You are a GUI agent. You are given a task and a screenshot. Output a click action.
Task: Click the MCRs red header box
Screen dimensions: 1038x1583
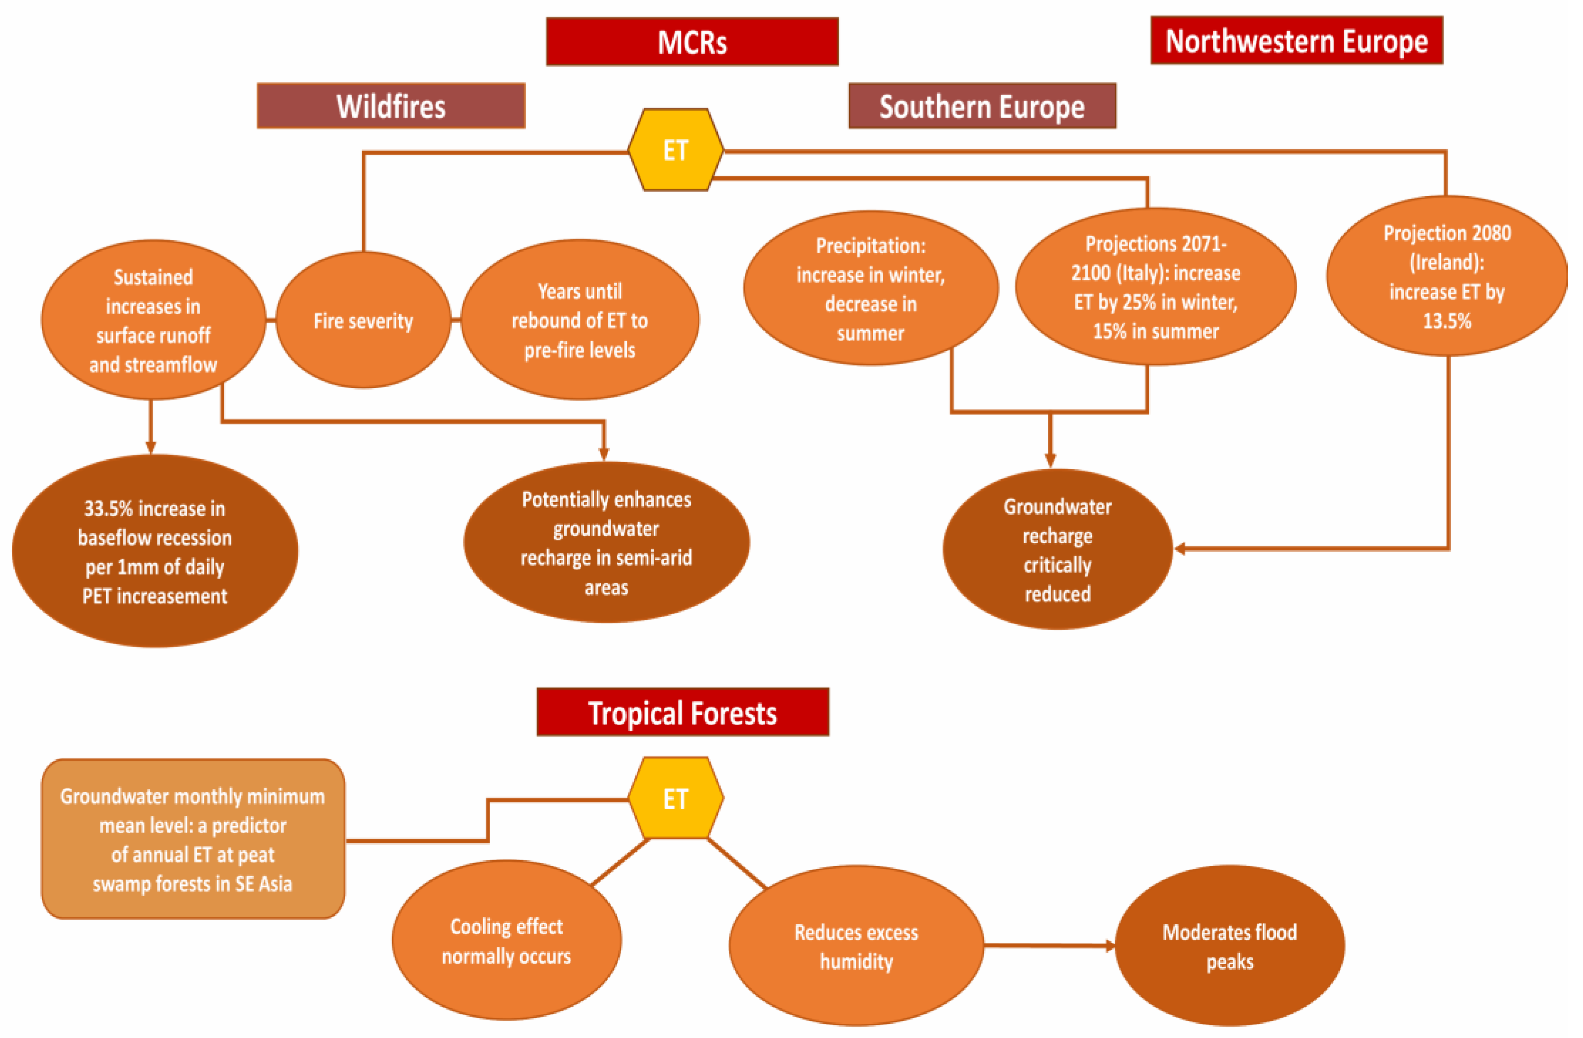692,42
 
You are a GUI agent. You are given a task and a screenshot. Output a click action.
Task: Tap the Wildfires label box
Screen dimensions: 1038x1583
391,106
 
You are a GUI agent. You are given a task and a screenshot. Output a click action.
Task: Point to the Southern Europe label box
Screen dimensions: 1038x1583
982,106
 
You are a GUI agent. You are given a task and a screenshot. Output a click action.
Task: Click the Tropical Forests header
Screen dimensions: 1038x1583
682,713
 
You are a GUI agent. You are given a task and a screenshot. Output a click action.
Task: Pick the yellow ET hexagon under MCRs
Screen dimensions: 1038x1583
676,150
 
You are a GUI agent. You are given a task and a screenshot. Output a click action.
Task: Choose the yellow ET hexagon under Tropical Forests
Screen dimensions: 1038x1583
676,798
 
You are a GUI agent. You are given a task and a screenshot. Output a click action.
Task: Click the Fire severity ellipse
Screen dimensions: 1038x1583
363,320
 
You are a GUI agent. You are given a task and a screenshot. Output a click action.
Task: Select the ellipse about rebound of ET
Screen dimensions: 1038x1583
579,320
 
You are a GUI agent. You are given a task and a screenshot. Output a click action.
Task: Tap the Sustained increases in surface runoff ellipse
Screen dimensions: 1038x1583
153,320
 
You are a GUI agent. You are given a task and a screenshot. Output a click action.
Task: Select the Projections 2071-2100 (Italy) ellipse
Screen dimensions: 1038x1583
1155,287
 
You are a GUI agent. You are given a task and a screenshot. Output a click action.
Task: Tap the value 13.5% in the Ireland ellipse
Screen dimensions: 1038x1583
1446,321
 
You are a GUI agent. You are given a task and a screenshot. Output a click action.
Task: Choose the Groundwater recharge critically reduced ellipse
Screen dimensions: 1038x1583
1057,549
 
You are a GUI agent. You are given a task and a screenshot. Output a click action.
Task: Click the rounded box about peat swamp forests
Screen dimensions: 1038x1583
193,839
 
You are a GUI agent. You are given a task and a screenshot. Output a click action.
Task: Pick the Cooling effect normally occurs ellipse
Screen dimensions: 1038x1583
506,940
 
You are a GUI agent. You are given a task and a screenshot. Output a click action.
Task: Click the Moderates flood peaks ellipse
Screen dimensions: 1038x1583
1229,946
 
